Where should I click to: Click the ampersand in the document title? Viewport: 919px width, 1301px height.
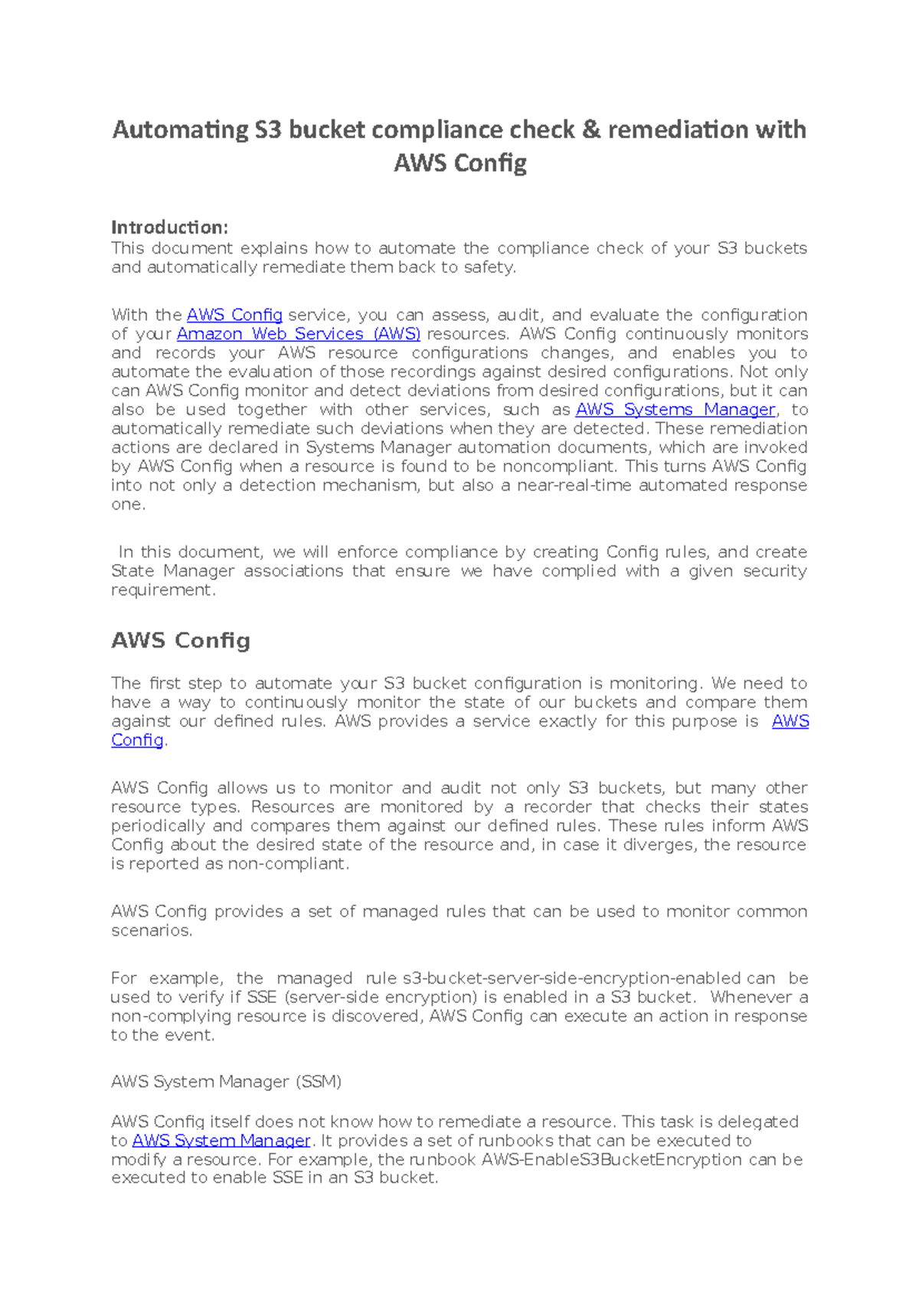click(591, 130)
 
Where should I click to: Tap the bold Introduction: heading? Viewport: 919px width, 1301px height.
click(169, 228)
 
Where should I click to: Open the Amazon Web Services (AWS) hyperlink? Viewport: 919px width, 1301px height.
click(298, 334)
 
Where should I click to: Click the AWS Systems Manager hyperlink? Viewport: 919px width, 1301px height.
click(675, 410)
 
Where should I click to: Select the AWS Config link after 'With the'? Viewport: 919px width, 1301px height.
click(234, 315)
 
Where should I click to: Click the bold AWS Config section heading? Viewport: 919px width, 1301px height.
click(181, 641)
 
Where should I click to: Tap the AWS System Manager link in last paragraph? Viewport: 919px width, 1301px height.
click(221, 1141)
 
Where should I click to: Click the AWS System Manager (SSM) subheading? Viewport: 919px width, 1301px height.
click(226, 1082)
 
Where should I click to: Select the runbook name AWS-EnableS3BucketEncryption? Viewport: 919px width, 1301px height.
click(611, 1160)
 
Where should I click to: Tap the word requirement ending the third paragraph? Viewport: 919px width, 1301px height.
click(162, 590)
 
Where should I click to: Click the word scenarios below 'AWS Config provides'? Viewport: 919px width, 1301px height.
click(151, 931)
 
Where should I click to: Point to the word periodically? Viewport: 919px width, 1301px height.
click(159, 826)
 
